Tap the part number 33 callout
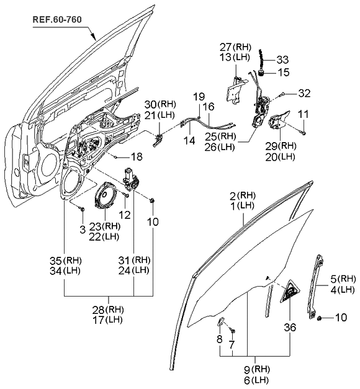click(282, 60)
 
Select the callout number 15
click(283, 72)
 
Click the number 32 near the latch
click(303, 94)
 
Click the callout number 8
click(220, 339)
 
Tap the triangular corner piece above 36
click(289, 293)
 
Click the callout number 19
click(198, 96)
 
